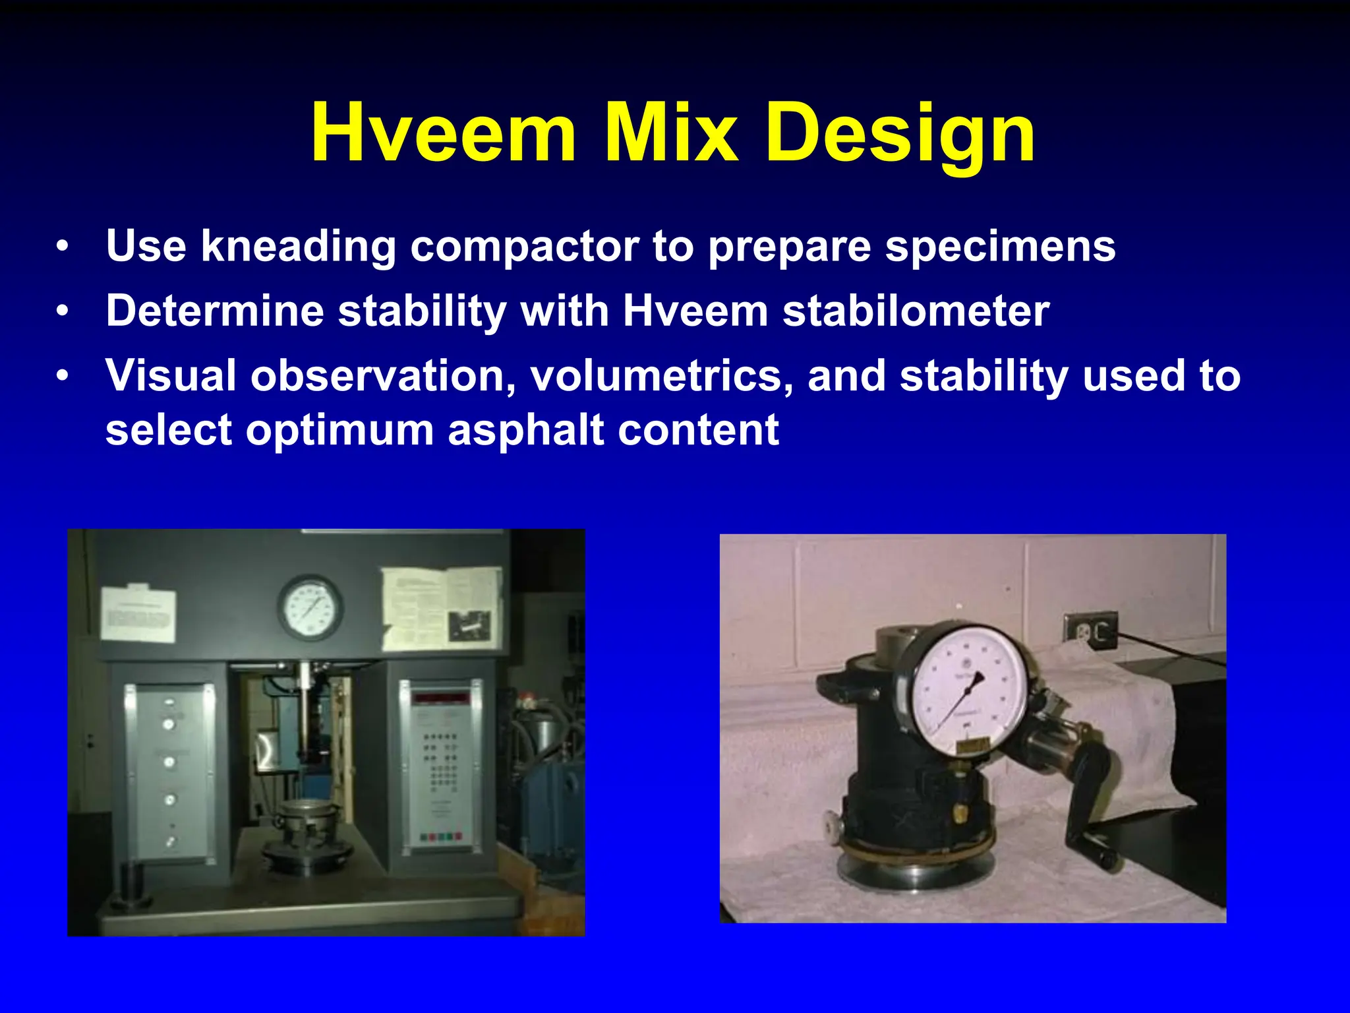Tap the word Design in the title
click(899, 134)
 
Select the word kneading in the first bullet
click(298, 247)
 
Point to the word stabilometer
click(916, 311)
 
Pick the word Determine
click(215, 311)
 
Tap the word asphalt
click(525, 430)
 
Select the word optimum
click(339, 430)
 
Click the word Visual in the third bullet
click(171, 376)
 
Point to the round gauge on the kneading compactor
click(309, 608)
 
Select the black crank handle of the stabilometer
click(1091, 811)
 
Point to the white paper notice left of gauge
click(138, 614)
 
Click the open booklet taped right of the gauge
click(442, 607)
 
